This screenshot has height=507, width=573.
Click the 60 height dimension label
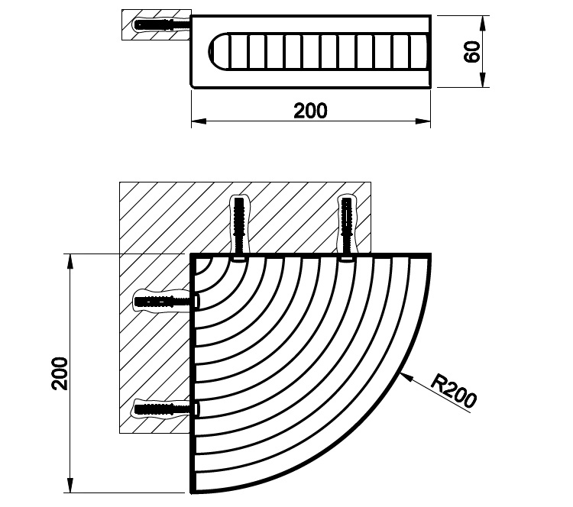pos(472,51)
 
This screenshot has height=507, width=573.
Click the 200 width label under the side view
pos(310,111)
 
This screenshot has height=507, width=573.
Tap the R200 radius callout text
pos(454,389)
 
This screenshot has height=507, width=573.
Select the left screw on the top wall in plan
pos(239,228)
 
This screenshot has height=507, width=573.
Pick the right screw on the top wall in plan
pos(345,228)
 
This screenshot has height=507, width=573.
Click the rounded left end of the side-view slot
pos(218,51)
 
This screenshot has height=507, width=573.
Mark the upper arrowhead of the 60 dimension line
pos(483,23)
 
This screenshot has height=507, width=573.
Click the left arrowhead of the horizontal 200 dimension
pos(199,121)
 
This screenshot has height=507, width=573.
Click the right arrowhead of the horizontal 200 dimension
pos(422,121)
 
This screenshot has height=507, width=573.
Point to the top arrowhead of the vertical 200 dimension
pos(70,262)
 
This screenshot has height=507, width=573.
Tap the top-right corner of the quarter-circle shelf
pos(430,254)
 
